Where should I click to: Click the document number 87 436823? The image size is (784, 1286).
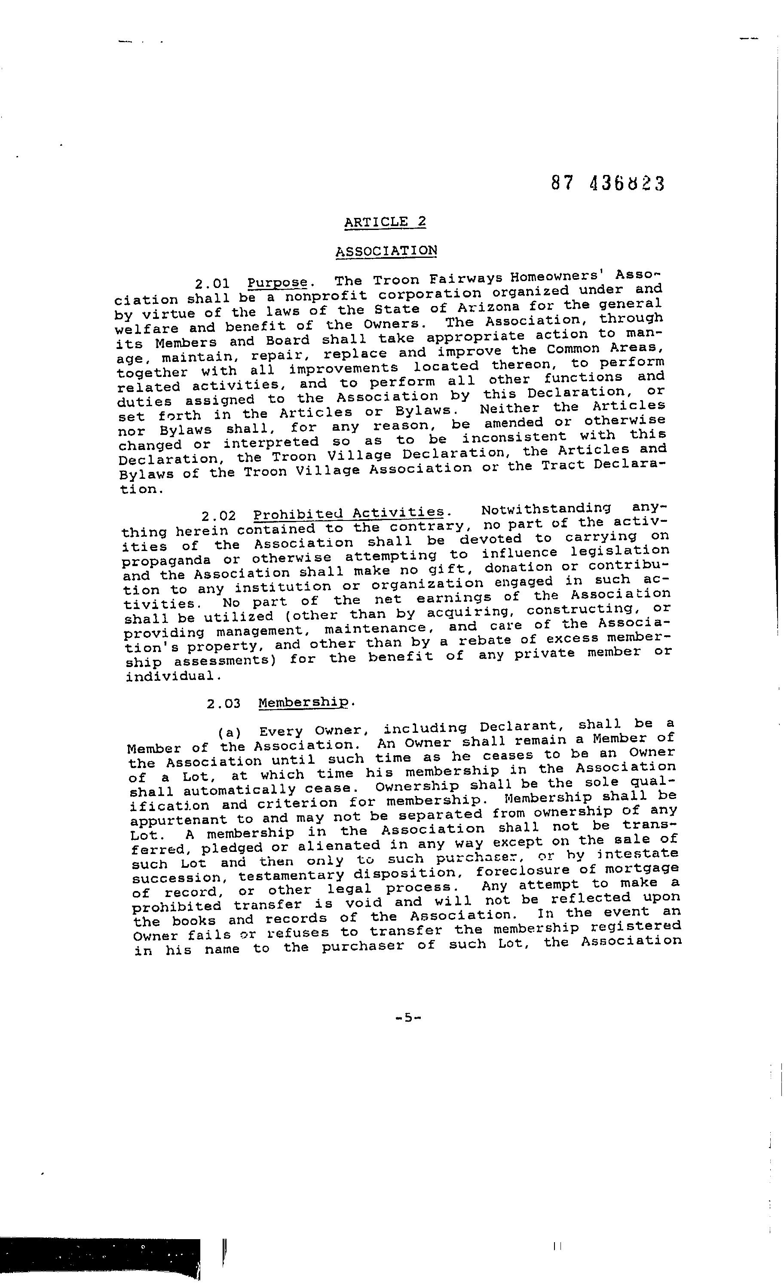pos(608,183)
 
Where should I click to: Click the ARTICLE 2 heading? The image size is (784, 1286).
pos(385,222)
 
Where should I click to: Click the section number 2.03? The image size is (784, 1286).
pos(224,704)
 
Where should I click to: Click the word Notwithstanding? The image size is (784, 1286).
pos(546,509)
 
